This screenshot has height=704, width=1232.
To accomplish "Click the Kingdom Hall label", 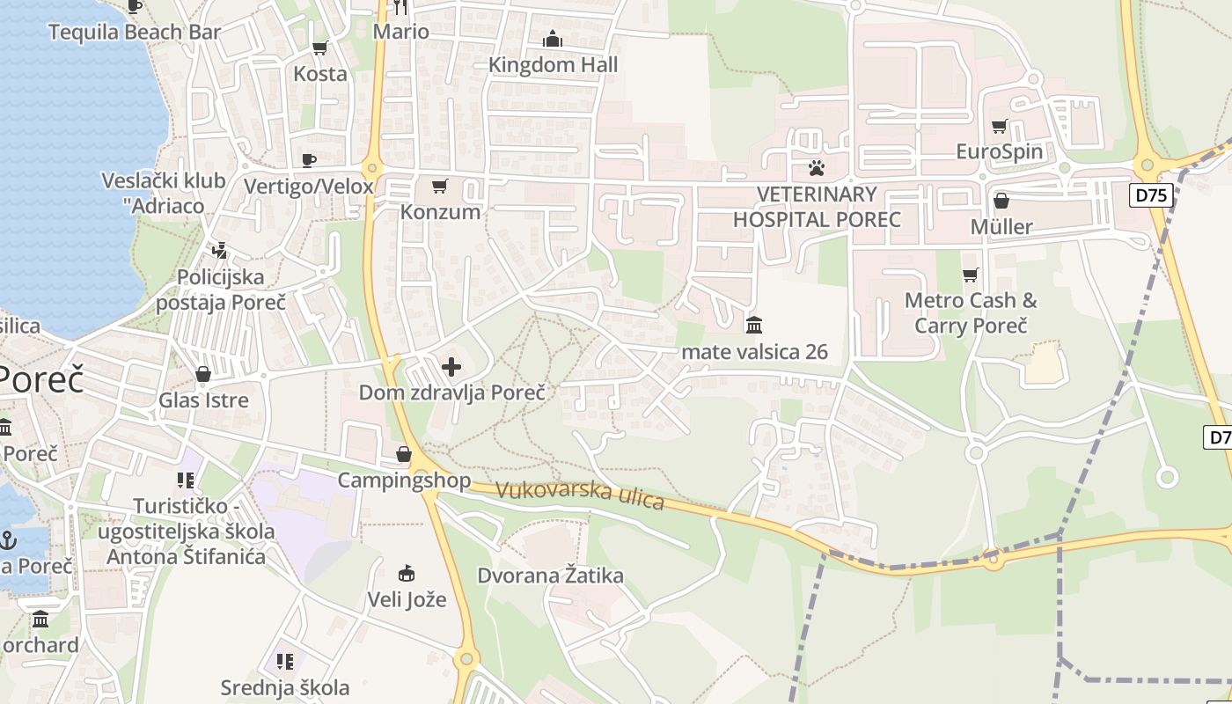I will (553, 65).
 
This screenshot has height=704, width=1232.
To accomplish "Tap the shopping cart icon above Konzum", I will (440, 186).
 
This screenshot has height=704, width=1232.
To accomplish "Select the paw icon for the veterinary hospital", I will (818, 167).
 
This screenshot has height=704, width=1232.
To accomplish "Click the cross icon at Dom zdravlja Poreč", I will (451, 366).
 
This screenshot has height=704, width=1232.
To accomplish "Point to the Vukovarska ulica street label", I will (580, 495).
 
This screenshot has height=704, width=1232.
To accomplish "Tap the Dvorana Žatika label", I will (550, 576).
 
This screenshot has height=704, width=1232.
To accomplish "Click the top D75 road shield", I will (1152, 194).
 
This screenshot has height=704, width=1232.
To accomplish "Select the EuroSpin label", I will (1000, 152).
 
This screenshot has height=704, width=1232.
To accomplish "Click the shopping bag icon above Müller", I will (1001, 201).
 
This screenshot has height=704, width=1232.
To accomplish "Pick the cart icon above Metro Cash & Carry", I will (971, 275).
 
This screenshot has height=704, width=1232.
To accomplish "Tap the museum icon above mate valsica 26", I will (754, 326).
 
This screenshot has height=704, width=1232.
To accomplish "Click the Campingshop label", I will (404, 480).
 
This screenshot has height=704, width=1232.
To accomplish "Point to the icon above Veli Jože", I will (406, 574).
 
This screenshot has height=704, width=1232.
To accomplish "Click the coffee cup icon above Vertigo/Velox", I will (308, 159).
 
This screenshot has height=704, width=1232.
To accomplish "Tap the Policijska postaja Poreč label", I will (221, 290).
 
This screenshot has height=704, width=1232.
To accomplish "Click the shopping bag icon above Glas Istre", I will (203, 374).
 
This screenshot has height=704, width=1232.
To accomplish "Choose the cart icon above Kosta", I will (320, 48).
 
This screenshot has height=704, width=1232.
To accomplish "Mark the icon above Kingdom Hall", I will (553, 39).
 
